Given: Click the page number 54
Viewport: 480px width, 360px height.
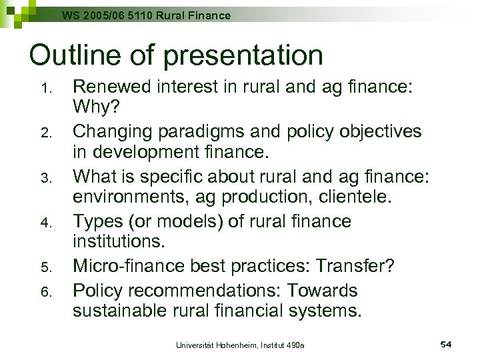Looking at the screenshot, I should (x=446, y=344).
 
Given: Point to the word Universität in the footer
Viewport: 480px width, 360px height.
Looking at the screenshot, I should (x=195, y=345).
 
